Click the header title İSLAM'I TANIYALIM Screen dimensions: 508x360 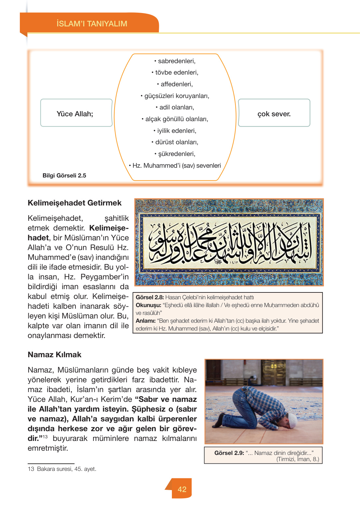pos(92,24)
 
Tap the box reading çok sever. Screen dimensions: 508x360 pos(274,113)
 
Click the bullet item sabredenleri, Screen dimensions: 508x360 pos(175,61)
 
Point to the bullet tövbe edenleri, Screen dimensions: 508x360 pos(175,73)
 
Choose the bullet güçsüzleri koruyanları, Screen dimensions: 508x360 pos(175,96)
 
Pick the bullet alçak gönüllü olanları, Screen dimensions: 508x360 pos(175,119)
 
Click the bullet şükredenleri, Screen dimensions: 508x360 pos(175,154)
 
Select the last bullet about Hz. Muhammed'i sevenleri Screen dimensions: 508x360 pos(175,166)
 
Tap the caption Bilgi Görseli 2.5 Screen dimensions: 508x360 pos(64,176)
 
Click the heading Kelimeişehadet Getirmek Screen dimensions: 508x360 pos(75,203)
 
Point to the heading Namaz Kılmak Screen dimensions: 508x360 pos(54,355)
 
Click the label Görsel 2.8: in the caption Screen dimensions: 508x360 pos(150,297)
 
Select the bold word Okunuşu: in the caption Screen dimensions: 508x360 pos(148,305)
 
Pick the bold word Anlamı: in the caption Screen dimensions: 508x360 pos(145,321)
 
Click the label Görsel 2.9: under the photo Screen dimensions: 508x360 pos(229,453)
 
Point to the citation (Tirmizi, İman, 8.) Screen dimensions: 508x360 pos(298,459)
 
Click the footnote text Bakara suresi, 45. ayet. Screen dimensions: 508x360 pos(66,469)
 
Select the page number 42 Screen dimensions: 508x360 pos(182,489)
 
